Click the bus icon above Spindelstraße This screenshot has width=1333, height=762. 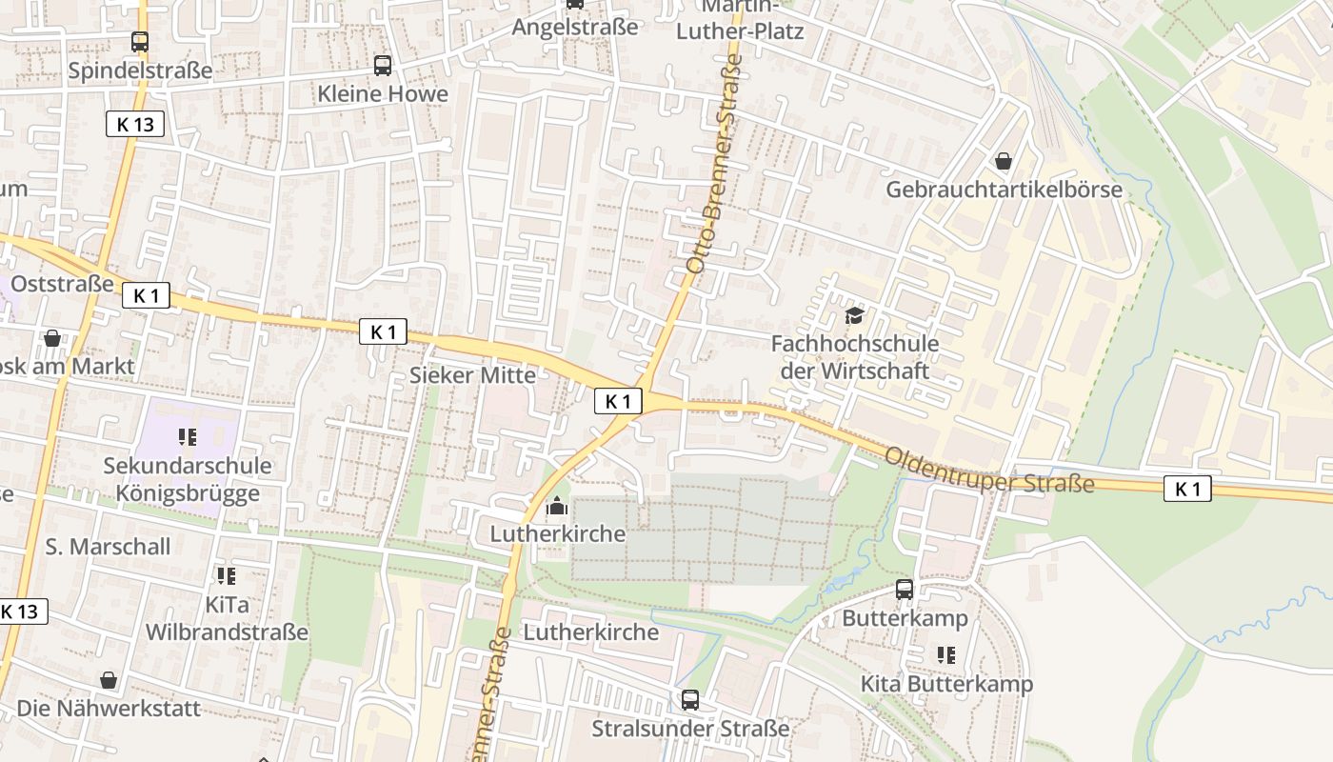[x=140, y=42]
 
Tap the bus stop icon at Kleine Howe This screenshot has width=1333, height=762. [x=383, y=66]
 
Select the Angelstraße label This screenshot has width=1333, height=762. [x=575, y=28]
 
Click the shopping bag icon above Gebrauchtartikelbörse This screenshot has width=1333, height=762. [x=1004, y=161]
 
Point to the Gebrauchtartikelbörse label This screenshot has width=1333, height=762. [x=1004, y=190]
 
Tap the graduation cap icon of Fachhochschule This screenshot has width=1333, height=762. [x=854, y=315]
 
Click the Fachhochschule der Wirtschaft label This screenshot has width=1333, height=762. [x=854, y=357]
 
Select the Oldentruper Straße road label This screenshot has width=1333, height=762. [x=989, y=471]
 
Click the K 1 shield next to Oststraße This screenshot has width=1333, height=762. [x=146, y=295]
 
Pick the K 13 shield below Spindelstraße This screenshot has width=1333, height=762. [x=135, y=124]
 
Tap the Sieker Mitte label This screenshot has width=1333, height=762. [x=472, y=374]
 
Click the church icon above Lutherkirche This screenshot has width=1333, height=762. [x=557, y=506]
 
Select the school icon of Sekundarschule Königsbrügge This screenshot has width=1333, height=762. [x=187, y=437]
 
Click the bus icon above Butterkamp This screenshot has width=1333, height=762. [x=905, y=590]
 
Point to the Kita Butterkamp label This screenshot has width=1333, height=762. [x=946, y=684]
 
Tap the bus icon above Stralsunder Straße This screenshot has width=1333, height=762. [x=690, y=700]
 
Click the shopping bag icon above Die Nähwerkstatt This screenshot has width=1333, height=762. [x=109, y=680]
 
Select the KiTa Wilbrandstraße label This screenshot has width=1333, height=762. [x=227, y=619]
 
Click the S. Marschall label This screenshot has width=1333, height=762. [x=108, y=547]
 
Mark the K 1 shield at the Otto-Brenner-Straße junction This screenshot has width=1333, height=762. [x=618, y=402]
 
